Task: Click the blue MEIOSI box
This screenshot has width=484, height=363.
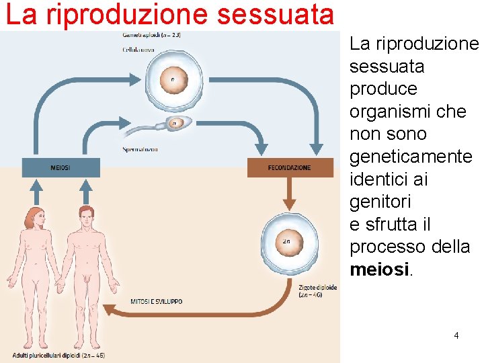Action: point(61,167)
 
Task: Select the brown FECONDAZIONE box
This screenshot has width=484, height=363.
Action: point(290,167)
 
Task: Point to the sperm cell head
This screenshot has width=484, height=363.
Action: point(175,124)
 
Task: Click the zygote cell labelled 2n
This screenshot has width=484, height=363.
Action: point(286,241)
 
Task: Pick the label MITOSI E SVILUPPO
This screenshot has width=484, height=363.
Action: point(156,302)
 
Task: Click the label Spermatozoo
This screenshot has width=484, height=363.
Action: point(140,149)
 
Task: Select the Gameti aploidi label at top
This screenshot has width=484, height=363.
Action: point(151,34)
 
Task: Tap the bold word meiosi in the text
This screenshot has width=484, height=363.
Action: point(379,270)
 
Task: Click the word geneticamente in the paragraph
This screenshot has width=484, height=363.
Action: point(411,157)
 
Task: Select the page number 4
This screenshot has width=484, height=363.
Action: point(456,334)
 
